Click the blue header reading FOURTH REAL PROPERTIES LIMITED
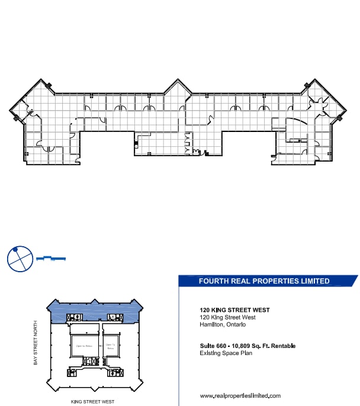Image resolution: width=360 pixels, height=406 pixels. [x=264, y=281]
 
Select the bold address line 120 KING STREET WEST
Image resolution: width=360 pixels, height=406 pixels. [x=234, y=310]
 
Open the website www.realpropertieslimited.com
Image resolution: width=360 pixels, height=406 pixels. [x=240, y=395]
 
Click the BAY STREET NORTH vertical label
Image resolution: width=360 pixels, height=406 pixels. [x=37, y=343]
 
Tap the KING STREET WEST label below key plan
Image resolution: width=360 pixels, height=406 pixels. [x=92, y=401]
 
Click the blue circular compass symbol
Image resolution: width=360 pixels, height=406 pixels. [x=19, y=259]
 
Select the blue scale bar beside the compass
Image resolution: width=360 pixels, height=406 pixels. [x=50, y=259]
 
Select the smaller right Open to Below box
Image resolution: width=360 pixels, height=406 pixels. [x=110, y=346]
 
